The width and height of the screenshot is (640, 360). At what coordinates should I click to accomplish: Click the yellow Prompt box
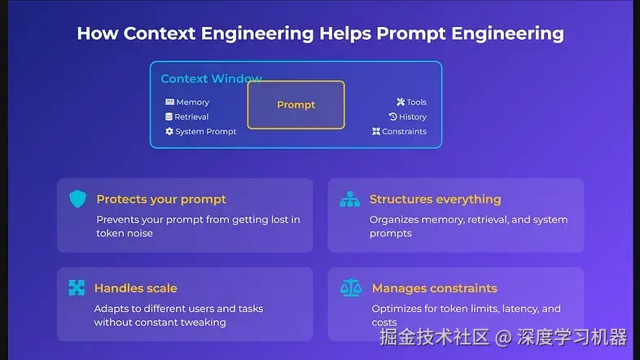tap(296, 105)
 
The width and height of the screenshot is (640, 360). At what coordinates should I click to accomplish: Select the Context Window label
tap(211, 79)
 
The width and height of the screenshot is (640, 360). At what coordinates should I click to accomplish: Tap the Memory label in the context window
tap(192, 103)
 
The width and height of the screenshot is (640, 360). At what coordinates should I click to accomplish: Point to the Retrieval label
tap(191, 117)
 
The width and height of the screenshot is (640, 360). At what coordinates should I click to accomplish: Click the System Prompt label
tap(206, 132)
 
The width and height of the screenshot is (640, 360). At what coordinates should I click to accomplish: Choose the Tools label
tap(416, 103)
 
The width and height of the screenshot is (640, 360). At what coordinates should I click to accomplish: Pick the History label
tap(413, 117)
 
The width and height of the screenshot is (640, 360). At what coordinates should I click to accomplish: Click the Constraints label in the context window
tap(404, 132)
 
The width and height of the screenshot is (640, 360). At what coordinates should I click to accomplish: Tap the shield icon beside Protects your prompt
tap(77, 200)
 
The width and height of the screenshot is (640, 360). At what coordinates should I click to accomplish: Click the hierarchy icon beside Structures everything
tap(349, 200)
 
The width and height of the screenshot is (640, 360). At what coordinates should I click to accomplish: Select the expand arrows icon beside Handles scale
tap(77, 288)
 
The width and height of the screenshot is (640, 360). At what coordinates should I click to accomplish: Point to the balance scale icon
tap(350, 288)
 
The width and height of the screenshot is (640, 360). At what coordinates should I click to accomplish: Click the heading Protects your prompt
tap(161, 200)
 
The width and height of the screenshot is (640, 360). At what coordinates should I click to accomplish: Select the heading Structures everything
tap(435, 200)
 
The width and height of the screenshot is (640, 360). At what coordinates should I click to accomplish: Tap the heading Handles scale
tap(135, 288)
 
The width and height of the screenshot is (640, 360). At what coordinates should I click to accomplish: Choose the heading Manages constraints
tap(434, 288)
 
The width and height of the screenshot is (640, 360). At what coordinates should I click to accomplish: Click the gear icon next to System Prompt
tap(169, 132)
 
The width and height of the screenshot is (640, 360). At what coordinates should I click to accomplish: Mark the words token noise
tap(125, 234)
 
